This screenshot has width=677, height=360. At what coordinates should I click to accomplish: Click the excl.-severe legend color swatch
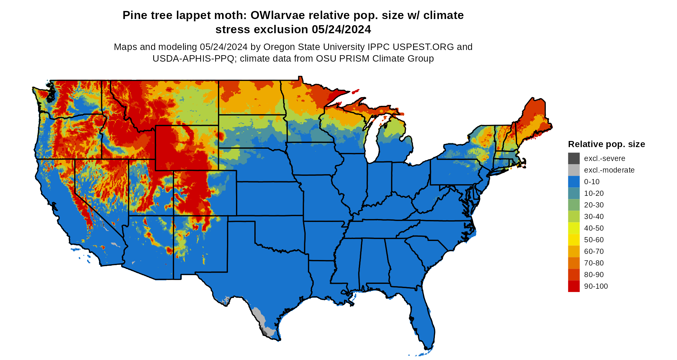point(574,158)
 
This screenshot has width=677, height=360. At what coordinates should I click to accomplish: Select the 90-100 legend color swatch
point(574,286)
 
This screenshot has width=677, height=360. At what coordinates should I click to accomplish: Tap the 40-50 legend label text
point(594,228)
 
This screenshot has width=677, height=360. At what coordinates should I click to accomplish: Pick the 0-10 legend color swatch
point(574,182)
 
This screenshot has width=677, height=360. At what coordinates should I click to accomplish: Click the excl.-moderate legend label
point(609,170)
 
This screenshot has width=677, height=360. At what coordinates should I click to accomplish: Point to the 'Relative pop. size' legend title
point(606,144)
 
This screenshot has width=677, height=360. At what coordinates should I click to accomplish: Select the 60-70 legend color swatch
point(574,251)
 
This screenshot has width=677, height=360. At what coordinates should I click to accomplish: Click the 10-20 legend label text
point(594,193)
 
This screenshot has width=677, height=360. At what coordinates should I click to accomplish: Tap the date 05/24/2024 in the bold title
point(341,29)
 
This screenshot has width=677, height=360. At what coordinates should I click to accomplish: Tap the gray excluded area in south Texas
point(260,318)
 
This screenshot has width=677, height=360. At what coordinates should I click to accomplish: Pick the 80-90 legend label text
point(594,275)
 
